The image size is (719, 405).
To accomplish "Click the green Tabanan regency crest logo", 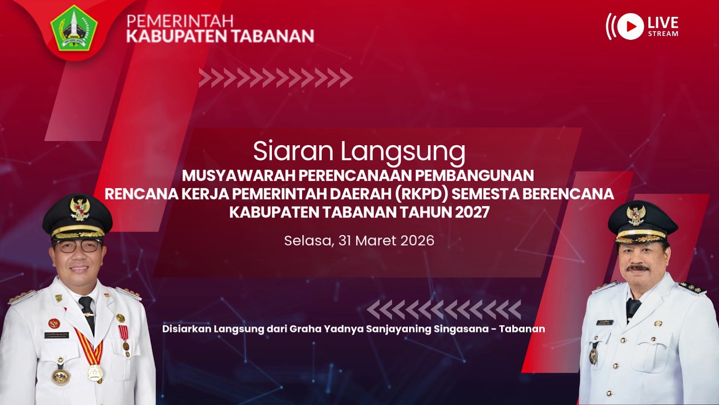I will coord(74,28).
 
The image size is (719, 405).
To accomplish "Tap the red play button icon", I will coord(630,26).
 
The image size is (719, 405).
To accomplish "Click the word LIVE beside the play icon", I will coord(663,23).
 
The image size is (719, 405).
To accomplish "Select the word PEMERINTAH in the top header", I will coord(180,21).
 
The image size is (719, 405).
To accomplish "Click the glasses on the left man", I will coord(78,245).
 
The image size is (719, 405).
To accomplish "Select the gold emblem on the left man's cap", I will coord(79,209).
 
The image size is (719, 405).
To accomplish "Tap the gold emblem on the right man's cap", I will coord(636,215).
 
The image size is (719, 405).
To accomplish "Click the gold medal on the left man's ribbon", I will coord(95,372).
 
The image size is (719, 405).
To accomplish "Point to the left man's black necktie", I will coord(87,312).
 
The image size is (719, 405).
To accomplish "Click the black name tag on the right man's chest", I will coord(605,322).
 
